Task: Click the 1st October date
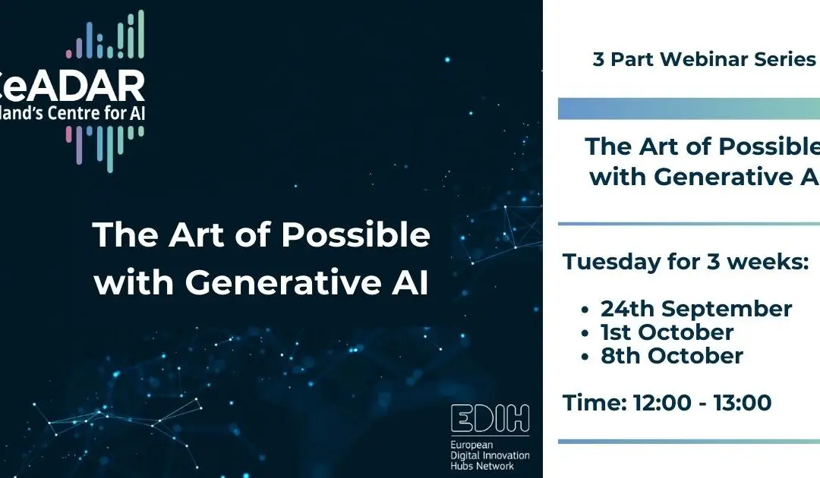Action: (x=667, y=332)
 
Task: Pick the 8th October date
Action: (x=671, y=356)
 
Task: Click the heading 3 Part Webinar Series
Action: (x=704, y=59)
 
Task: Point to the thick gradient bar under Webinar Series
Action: (x=689, y=108)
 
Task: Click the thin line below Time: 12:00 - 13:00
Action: (x=689, y=441)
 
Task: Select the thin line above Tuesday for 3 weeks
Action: (x=689, y=224)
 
